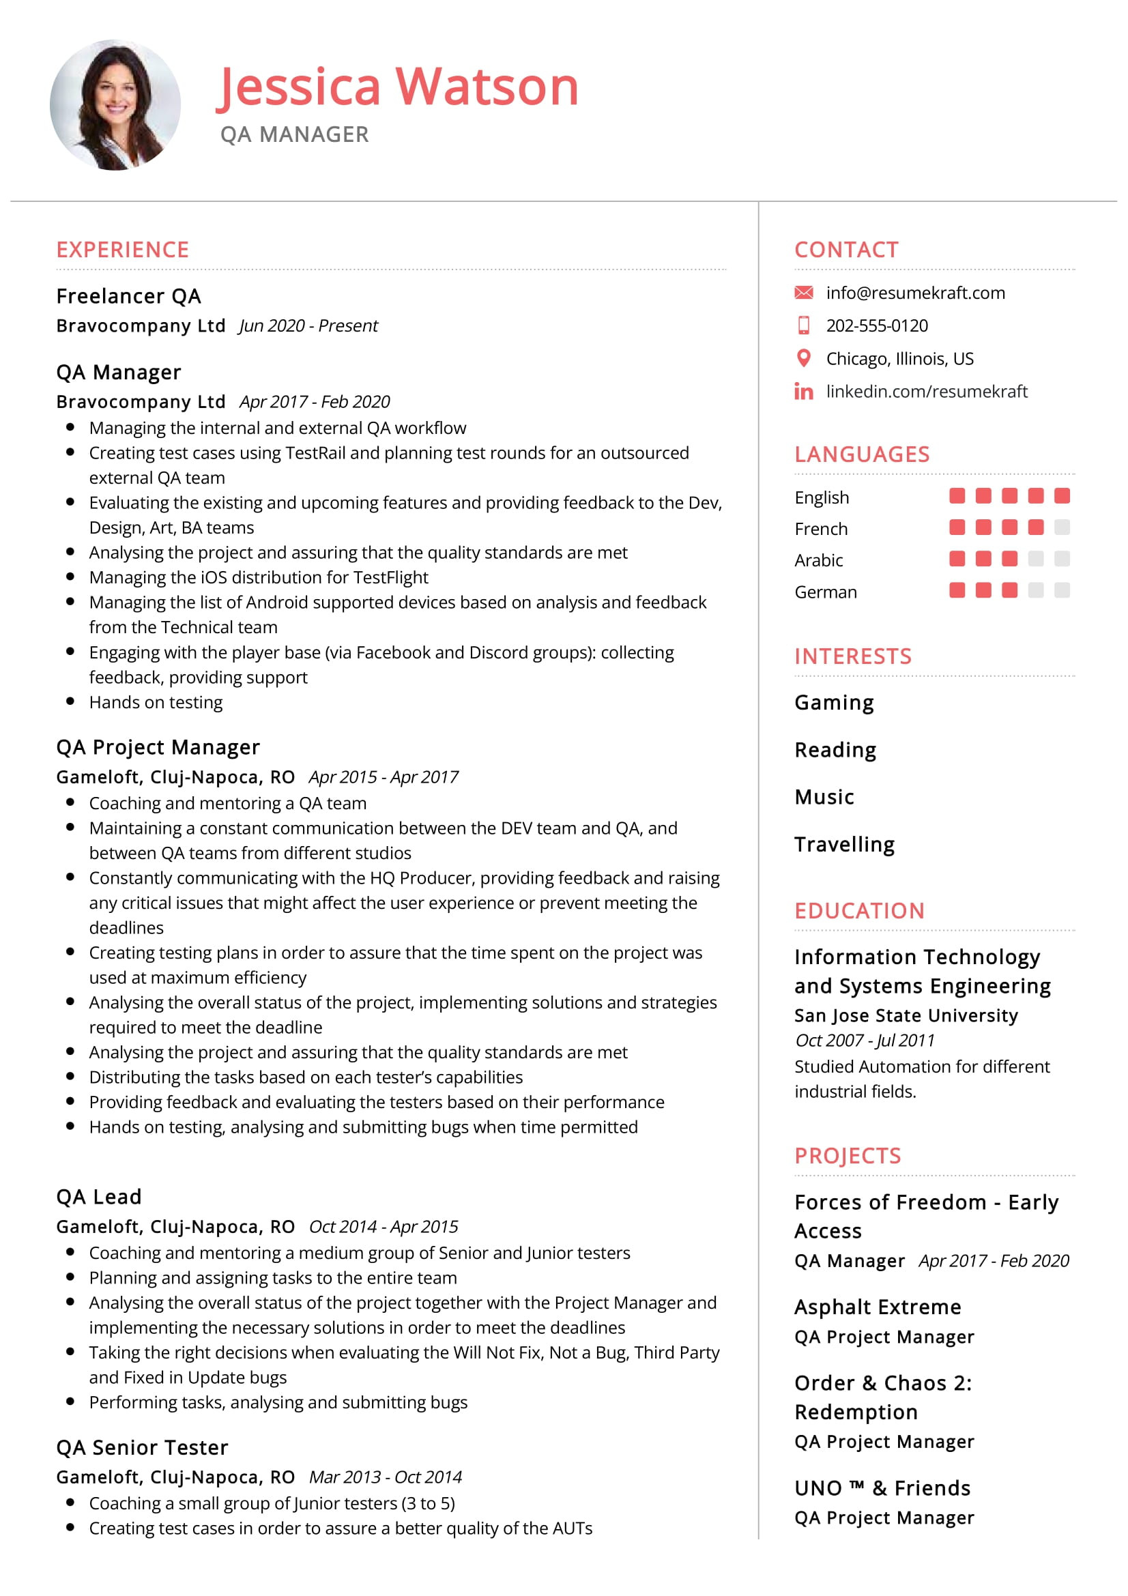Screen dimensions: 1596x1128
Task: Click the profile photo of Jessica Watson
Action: point(115,105)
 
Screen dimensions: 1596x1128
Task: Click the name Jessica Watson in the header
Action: point(398,87)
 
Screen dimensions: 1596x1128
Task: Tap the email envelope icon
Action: point(803,293)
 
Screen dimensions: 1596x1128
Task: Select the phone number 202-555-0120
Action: point(876,325)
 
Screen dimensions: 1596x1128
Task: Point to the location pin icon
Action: point(803,358)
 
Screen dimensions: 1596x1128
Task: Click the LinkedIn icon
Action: point(803,392)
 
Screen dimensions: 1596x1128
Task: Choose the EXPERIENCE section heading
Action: point(122,250)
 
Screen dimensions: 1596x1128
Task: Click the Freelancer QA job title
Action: point(128,296)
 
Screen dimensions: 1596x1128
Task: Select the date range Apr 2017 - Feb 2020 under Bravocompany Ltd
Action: point(314,402)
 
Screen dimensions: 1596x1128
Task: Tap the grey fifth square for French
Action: point(1061,527)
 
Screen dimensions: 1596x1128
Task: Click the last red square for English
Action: point(1061,495)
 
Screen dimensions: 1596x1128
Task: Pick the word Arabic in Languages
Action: point(818,560)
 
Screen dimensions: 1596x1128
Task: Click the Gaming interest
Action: point(834,703)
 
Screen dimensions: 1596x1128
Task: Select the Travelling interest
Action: point(844,845)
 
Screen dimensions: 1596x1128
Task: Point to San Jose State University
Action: point(906,1015)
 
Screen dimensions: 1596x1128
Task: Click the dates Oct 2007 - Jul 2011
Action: point(865,1041)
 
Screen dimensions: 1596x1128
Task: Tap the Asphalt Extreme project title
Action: point(877,1307)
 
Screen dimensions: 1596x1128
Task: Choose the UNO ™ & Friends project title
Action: point(882,1488)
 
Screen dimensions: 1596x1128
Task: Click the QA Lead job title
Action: point(99,1197)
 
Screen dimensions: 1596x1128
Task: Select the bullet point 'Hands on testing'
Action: point(156,702)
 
